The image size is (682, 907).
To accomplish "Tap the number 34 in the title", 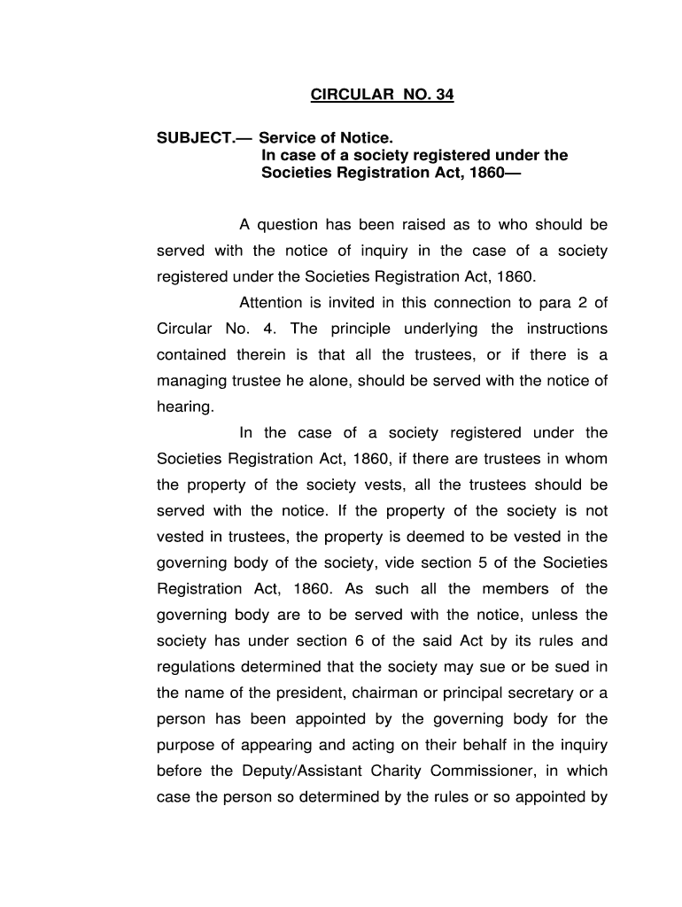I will click(442, 95).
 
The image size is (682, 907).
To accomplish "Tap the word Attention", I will click(277, 303).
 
